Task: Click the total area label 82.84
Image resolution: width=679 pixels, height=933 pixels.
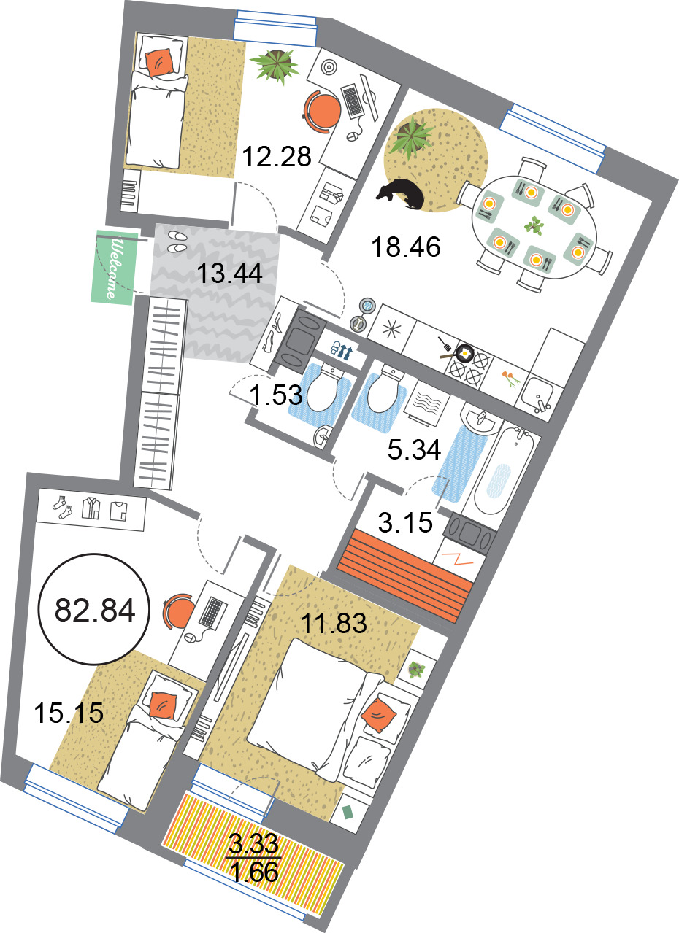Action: click(95, 611)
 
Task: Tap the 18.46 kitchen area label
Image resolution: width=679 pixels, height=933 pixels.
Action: click(405, 247)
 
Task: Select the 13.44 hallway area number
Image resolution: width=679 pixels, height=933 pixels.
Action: click(229, 274)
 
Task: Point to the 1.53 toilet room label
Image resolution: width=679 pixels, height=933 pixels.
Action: click(275, 395)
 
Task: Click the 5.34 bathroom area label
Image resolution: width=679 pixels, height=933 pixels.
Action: click(414, 450)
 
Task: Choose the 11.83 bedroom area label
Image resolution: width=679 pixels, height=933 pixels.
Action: click(334, 624)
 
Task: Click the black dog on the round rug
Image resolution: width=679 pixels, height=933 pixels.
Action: click(401, 194)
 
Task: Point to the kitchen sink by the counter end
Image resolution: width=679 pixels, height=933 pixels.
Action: click(537, 394)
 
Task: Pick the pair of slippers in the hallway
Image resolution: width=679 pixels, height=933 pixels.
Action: click(177, 242)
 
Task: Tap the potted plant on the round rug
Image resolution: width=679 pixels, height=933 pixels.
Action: click(410, 136)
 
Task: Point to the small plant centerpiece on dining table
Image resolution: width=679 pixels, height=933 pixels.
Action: click(534, 225)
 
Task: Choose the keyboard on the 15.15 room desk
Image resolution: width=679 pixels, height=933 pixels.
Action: click(212, 612)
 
